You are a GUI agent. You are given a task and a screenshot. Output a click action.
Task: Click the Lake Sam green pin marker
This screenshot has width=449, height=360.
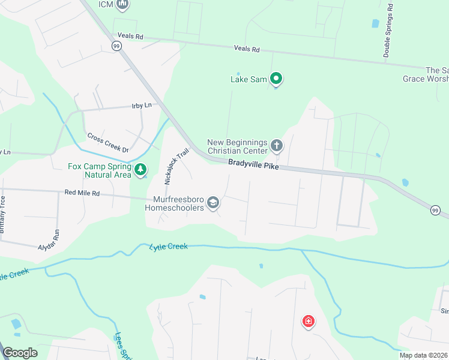(276, 78)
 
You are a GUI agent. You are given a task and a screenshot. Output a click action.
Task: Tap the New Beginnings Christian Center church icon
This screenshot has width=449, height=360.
(277, 145)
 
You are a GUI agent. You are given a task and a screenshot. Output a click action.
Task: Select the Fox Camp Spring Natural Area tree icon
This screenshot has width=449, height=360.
(140, 170)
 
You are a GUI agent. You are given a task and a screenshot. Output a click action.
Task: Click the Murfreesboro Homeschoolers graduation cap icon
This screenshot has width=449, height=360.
(212, 204)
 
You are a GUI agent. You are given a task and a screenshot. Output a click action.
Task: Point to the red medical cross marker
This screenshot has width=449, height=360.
(309, 322)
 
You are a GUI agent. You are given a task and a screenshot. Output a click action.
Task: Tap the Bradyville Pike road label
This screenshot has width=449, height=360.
(253, 164)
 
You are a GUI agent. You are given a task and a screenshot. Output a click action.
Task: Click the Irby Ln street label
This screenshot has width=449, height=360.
(142, 106)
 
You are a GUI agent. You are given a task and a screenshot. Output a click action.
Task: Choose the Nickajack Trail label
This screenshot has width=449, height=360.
(176, 167)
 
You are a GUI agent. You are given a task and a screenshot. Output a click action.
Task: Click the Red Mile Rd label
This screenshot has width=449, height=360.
(82, 193)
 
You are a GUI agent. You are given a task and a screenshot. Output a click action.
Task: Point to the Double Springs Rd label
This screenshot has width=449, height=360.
(389, 31)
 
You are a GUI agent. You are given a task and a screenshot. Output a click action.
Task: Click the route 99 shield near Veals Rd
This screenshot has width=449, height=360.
(116, 46)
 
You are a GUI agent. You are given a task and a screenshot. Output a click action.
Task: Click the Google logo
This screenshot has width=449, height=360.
(20, 353)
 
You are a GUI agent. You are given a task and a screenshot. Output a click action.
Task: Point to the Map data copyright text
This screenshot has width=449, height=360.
(423, 355)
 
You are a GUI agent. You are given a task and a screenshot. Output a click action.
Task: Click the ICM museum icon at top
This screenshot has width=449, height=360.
(123, 5)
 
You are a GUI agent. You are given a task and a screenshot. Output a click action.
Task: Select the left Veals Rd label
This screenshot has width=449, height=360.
(130, 36)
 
